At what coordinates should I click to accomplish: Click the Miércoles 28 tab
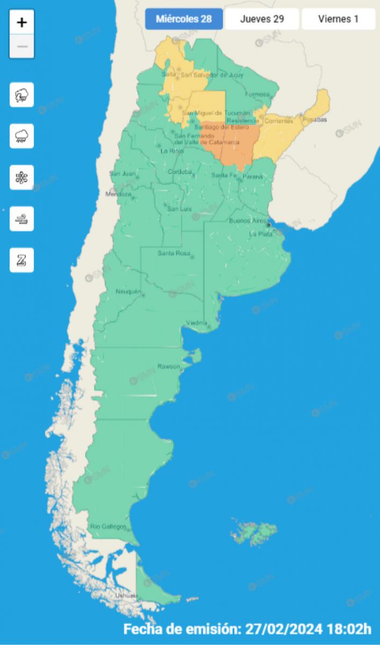pyautogui.click(x=183, y=19)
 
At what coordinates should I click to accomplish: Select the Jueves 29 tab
pyautogui.click(x=262, y=19)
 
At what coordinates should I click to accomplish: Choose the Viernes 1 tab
pyautogui.click(x=338, y=19)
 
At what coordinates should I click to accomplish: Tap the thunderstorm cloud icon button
pyautogui.click(x=21, y=95)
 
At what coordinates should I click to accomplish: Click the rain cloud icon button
pyautogui.click(x=21, y=136)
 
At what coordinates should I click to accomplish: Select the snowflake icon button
pyautogui.click(x=21, y=177)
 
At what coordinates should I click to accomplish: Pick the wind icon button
pyautogui.click(x=21, y=219)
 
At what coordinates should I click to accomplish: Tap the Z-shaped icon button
pyautogui.click(x=21, y=260)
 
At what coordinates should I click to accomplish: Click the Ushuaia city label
pyautogui.click(x=126, y=596)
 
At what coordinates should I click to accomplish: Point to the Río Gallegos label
pyautogui.click(x=108, y=526)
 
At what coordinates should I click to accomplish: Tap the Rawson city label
pyautogui.click(x=168, y=366)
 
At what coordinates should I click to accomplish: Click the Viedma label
pyautogui.click(x=196, y=322)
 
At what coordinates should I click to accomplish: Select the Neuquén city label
pyautogui.click(x=128, y=291)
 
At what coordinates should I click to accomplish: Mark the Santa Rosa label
pyautogui.click(x=172, y=253)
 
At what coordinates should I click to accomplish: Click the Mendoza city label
pyautogui.click(x=118, y=194)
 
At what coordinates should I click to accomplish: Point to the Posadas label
pyautogui.click(x=314, y=120)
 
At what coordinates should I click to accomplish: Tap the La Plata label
pyautogui.click(x=260, y=234)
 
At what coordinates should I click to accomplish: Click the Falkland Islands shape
pyautogui.click(x=254, y=532)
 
